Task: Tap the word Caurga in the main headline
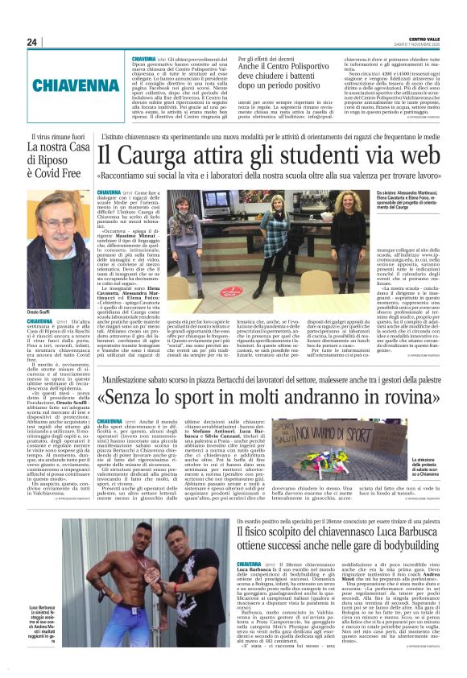click(174, 154)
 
